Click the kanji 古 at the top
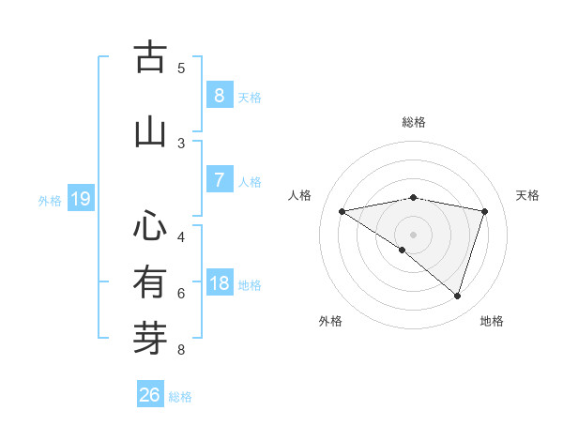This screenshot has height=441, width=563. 150,58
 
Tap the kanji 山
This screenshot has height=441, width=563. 150,131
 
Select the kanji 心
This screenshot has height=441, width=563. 150,225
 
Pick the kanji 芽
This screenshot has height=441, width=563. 150,339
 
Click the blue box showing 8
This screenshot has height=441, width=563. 219,95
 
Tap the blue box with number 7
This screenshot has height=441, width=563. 219,179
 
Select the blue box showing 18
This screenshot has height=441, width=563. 219,283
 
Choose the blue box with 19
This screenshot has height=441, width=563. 80,199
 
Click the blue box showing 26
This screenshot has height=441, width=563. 149,395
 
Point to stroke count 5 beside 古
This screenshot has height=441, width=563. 181,68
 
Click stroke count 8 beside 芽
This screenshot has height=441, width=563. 181,351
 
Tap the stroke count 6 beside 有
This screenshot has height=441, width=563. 181,294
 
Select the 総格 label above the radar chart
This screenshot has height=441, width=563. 414,122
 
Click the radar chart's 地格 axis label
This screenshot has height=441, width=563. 492,321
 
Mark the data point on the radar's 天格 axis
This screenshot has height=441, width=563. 484,211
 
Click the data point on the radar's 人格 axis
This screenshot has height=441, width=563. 342,211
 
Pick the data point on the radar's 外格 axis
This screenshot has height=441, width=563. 403,250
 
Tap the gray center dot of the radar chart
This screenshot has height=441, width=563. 414,234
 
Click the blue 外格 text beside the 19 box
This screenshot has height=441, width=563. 50,200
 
